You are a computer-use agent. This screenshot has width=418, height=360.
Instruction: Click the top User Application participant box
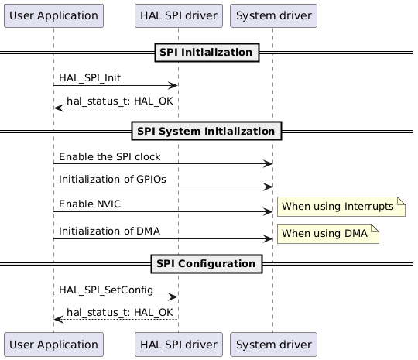[53, 15]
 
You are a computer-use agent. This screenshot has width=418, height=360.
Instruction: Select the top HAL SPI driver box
[177, 15]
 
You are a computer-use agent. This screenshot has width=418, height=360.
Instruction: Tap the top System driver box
[272, 15]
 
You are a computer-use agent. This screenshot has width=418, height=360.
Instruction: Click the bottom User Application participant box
[53, 343]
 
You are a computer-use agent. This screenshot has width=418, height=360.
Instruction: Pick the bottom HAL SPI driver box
[177, 343]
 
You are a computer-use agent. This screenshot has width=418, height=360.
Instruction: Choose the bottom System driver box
[272, 343]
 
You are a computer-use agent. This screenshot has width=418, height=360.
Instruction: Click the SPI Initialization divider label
[207, 53]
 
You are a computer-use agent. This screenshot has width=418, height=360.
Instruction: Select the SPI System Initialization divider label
[207, 131]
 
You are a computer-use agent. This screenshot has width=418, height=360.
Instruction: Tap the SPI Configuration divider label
[207, 263]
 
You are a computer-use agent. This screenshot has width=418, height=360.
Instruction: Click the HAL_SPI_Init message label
[89, 79]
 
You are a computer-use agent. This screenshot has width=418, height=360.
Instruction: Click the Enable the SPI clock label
[109, 157]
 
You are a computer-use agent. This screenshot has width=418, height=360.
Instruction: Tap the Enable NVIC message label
[89, 204]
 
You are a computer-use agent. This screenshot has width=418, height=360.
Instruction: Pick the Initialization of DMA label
[109, 231]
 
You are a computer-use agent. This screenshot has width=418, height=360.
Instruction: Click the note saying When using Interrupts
[341, 206]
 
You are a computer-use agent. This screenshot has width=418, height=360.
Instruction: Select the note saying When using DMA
[328, 234]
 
